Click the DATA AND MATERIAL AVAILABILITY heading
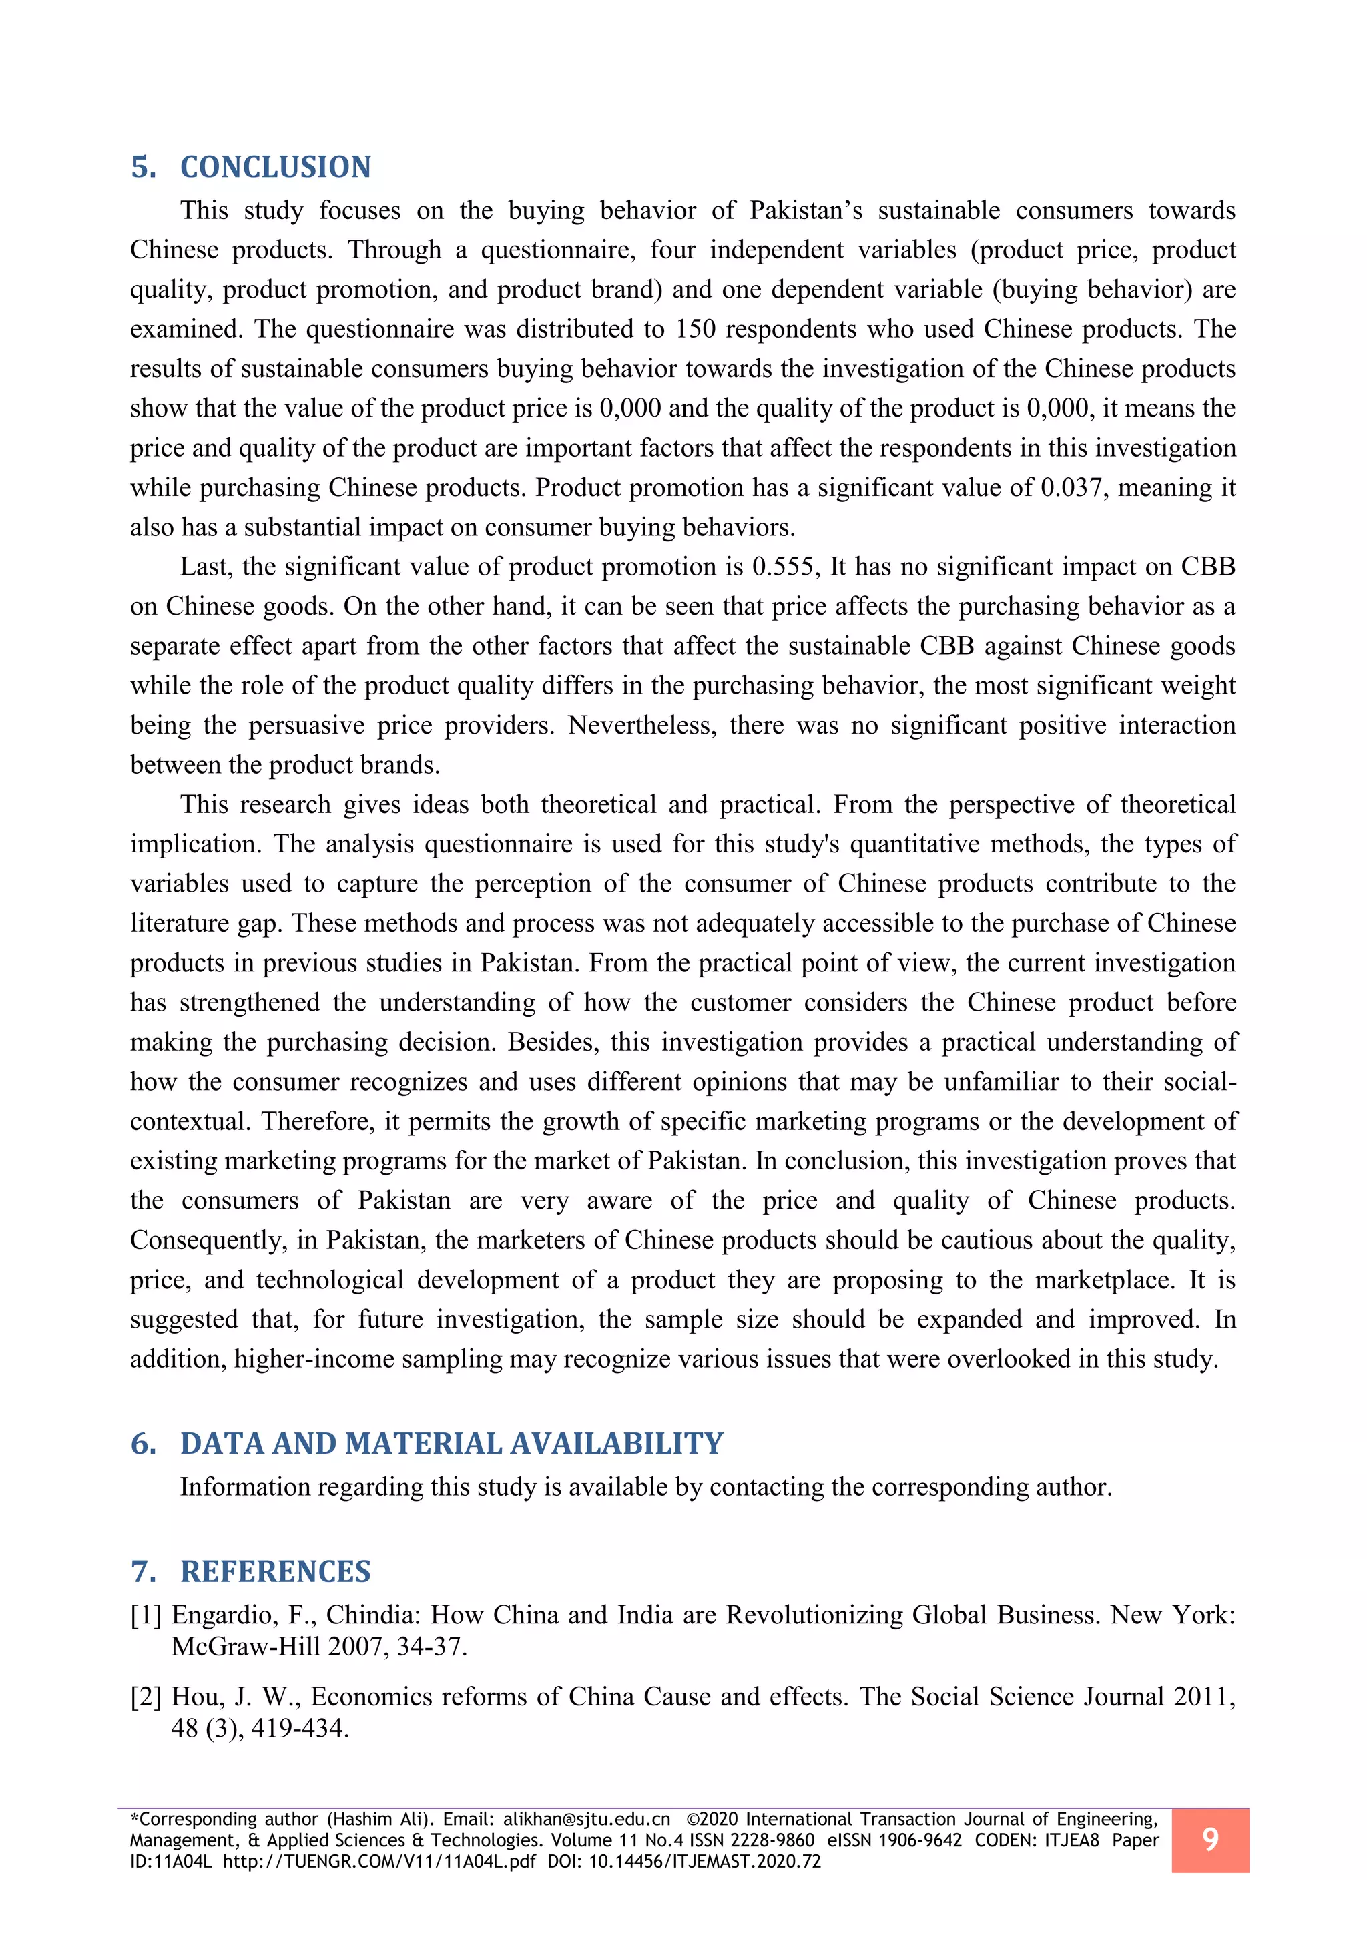coord(451,1443)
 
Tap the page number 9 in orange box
coord(1209,1840)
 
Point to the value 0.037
coord(1071,487)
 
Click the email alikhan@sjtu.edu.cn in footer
coord(587,1820)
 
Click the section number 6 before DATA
coord(142,1443)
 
